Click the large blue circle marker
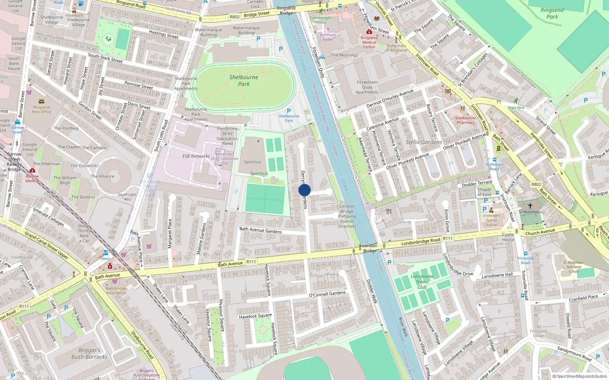tap(304, 190)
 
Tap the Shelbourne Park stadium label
tap(244, 81)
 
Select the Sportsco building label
tap(253, 162)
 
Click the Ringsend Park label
tap(552, 13)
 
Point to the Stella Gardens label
tap(424, 142)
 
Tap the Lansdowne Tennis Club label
tap(422, 282)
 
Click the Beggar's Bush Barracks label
tap(89, 353)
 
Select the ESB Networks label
tap(196, 156)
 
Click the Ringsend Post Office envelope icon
tap(41, 101)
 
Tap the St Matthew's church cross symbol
tap(530, 206)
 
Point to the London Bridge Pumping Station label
tap(347, 216)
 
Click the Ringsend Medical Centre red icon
tap(369, 32)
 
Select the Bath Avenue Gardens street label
tap(260, 230)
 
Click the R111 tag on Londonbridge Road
tap(448, 239)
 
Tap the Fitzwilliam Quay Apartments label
tap(367, 87)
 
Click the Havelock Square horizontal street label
tap(255, 316)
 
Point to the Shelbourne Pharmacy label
tap(466, 120)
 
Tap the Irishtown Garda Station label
tap(491, 220)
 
